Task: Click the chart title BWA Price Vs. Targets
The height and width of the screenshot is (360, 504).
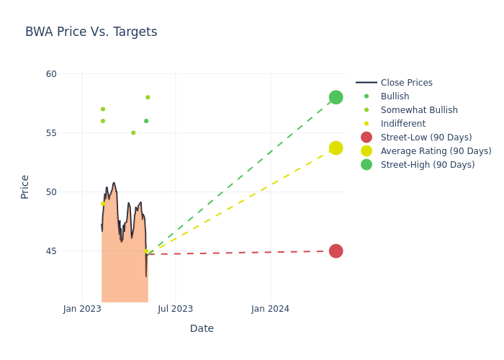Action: (91, 32)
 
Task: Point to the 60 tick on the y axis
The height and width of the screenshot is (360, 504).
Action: (51, 74)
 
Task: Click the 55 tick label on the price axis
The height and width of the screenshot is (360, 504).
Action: (51, 133)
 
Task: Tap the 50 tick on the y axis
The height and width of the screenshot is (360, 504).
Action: (51, 192)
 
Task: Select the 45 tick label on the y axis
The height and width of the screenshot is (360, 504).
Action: (51, 251)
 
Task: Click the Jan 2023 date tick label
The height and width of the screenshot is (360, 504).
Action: (82, 309)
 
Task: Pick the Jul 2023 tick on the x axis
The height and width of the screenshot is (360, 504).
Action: (175, 309)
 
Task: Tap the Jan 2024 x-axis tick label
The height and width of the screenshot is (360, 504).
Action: (271, 309)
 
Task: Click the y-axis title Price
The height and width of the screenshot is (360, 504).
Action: (25, 186)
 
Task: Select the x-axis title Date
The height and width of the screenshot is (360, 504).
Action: (202, 328)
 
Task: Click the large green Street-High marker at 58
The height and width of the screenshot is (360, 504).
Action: (336, 97)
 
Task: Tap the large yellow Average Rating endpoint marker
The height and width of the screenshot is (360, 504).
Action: (336, 148)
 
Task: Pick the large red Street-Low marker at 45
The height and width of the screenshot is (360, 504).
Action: (336, 251)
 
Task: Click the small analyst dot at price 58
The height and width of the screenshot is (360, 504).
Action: (148, 97)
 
